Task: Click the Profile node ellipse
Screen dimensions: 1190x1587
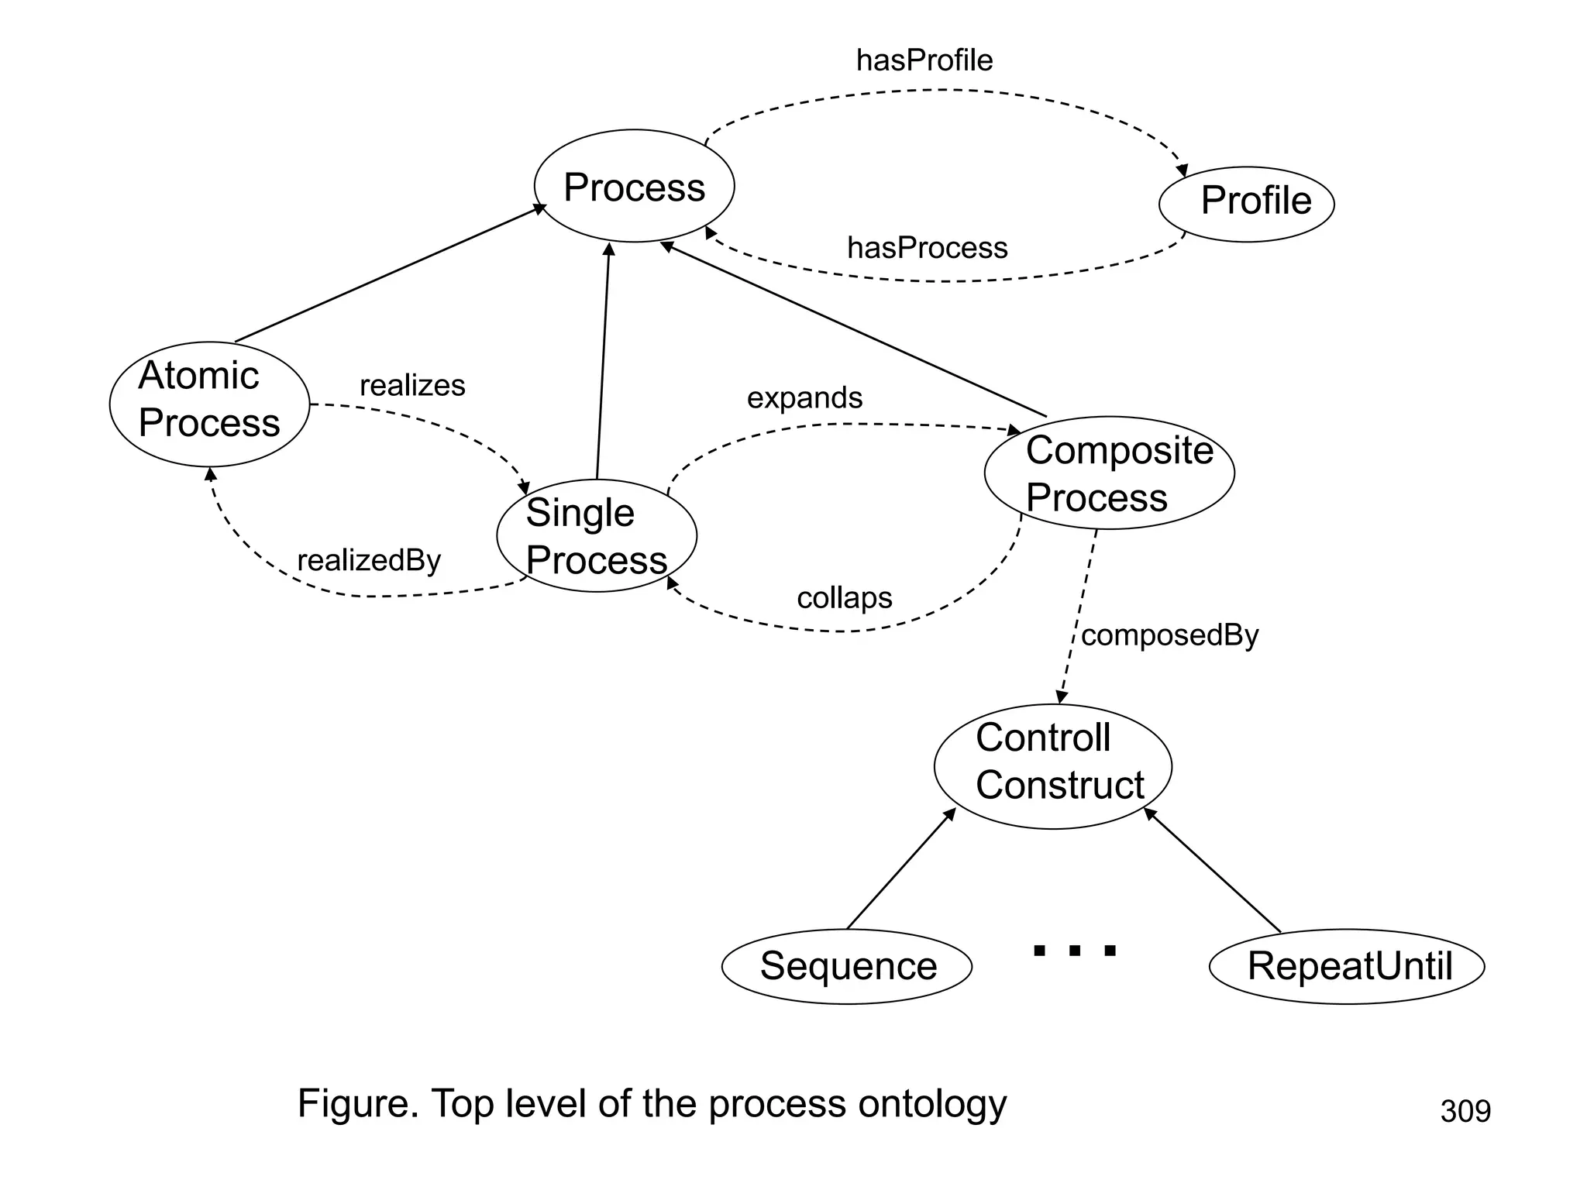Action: [1246, 204]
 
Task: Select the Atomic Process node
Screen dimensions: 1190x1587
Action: [209, 404]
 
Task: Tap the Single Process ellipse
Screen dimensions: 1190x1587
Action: [596, 535]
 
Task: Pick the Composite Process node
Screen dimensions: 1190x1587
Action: [1109, 473]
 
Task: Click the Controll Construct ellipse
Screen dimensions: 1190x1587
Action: [1052, 766]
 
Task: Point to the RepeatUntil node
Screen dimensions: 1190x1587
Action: [1347, 966]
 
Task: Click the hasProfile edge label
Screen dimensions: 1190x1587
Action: [924, 60]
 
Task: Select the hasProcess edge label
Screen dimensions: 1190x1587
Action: [927, 248]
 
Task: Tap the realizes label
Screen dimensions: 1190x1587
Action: [412, 385]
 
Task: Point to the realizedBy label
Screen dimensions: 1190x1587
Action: [369, 560]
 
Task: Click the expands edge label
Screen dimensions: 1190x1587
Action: [804, 397]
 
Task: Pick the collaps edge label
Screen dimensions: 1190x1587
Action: [844, 597]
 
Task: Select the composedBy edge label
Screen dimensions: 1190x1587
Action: [1169, 635]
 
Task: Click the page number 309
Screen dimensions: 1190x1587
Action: [1465, 1111]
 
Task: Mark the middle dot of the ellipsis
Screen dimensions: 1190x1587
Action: [1075, 950]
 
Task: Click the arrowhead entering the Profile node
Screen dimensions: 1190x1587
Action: [1183, 170]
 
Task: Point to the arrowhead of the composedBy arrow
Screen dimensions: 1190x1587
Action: [1061, 697]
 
